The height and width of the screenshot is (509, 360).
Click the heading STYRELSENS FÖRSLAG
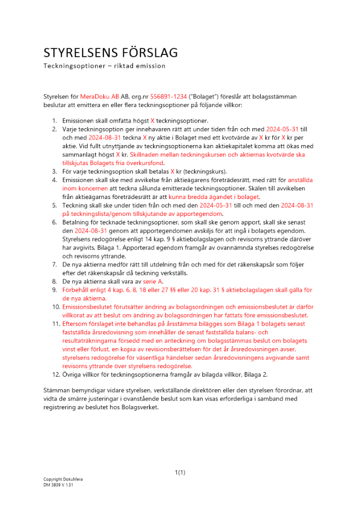pos(110,52)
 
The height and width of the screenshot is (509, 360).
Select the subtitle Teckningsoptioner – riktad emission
pos(104,66)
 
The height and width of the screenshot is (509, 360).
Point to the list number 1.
pos(54,121)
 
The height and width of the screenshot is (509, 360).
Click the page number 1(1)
pos(180,472)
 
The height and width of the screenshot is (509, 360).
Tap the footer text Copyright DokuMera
pos(63,479)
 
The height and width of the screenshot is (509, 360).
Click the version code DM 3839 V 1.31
pos(59,485)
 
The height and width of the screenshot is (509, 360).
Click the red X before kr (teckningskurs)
pos(172,171)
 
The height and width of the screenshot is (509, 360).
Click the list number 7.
pos(54,265)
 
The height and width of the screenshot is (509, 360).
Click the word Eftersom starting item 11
pos(76,325)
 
